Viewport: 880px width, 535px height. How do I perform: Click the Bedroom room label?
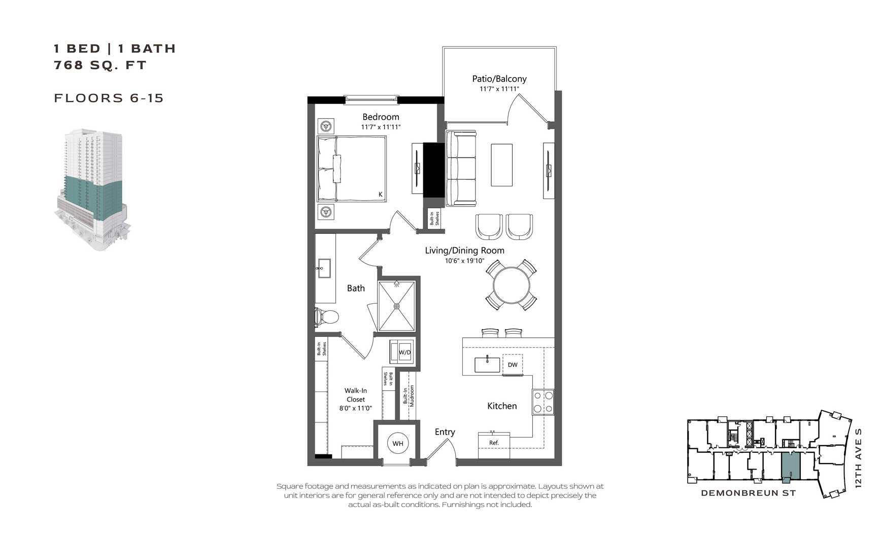381,117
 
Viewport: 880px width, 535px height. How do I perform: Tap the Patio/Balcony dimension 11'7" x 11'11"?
499,89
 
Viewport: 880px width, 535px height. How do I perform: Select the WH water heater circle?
398,444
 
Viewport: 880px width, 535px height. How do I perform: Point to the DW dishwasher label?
513,365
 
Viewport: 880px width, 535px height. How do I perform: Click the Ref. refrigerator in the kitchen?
494,442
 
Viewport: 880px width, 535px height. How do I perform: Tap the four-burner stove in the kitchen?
543,402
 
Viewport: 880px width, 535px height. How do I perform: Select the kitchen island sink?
487,365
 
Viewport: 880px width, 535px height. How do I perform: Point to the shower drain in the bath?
396,306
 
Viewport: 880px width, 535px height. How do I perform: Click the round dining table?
511,285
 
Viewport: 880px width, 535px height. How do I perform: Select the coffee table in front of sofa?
501,165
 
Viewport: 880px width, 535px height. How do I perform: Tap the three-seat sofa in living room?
461,168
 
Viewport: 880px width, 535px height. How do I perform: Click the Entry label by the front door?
445,432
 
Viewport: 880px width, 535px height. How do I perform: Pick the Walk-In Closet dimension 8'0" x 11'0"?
355,408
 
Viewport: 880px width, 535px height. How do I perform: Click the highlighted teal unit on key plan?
790,465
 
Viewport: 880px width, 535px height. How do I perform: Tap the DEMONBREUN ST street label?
748,493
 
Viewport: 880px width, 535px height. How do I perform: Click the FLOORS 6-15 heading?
109,98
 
